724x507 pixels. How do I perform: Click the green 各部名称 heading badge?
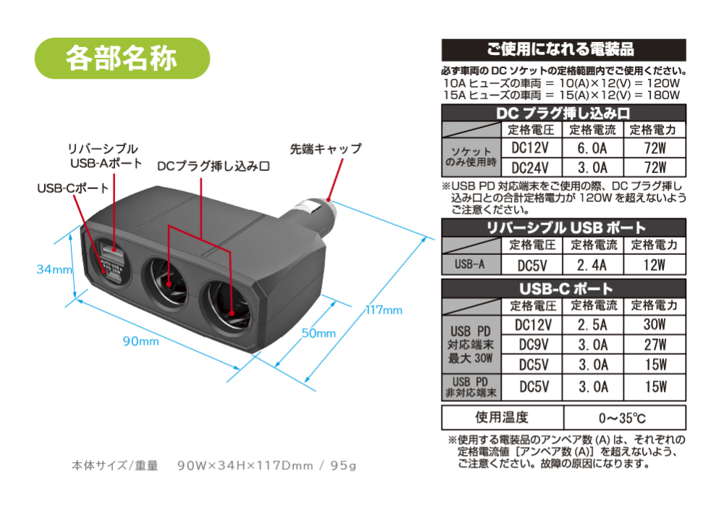(122, 58)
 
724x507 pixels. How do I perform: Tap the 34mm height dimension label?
(54, 269)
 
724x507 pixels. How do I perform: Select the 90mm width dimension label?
(141, 341)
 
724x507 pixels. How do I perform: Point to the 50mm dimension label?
(319, 333)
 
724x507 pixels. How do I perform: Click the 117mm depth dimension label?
(384, 310)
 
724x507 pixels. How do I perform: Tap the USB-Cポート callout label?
(73, 188)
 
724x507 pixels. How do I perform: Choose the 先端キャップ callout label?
(326, 148)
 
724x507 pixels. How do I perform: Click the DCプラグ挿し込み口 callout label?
(214, 167)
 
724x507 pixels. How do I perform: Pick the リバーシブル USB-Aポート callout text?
(104, 156)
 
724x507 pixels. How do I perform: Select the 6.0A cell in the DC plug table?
(592, 148)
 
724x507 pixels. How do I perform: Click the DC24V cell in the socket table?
(531, 167)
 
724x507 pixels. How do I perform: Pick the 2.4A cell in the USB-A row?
(592, 265)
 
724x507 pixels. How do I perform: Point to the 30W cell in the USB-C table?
(654, 324)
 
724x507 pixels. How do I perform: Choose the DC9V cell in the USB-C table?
(534, 345)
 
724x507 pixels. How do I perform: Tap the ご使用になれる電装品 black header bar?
(564, 49)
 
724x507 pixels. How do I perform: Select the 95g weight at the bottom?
(343, 466)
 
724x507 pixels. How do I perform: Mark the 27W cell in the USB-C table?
(655, 345)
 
